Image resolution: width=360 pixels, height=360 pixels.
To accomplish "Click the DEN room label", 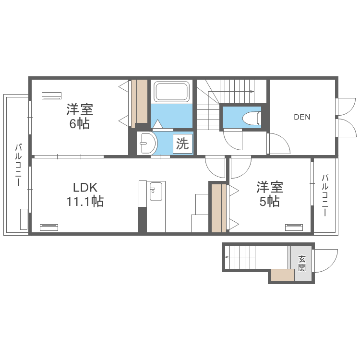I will tap(302, 116).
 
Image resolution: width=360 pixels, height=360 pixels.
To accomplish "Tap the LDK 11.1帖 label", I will tap(84, 194).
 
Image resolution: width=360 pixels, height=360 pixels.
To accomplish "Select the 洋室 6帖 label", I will tap(79, 117).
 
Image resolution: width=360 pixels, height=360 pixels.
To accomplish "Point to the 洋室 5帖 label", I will tap(269, 194).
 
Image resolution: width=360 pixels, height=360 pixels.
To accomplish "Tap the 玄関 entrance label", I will tap(302, 263).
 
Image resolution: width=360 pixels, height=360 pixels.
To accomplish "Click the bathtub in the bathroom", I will tap(171, 92).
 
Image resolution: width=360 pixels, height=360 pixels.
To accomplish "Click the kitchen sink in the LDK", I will tap(156, 192).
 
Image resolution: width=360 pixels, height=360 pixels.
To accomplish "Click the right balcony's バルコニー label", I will tap(324, 197).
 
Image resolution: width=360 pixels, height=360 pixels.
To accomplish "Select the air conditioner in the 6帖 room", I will tap(51, 95).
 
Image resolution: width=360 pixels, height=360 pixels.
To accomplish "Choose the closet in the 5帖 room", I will tap(219, 207).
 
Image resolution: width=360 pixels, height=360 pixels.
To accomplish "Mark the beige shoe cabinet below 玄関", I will tap(282, 275).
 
